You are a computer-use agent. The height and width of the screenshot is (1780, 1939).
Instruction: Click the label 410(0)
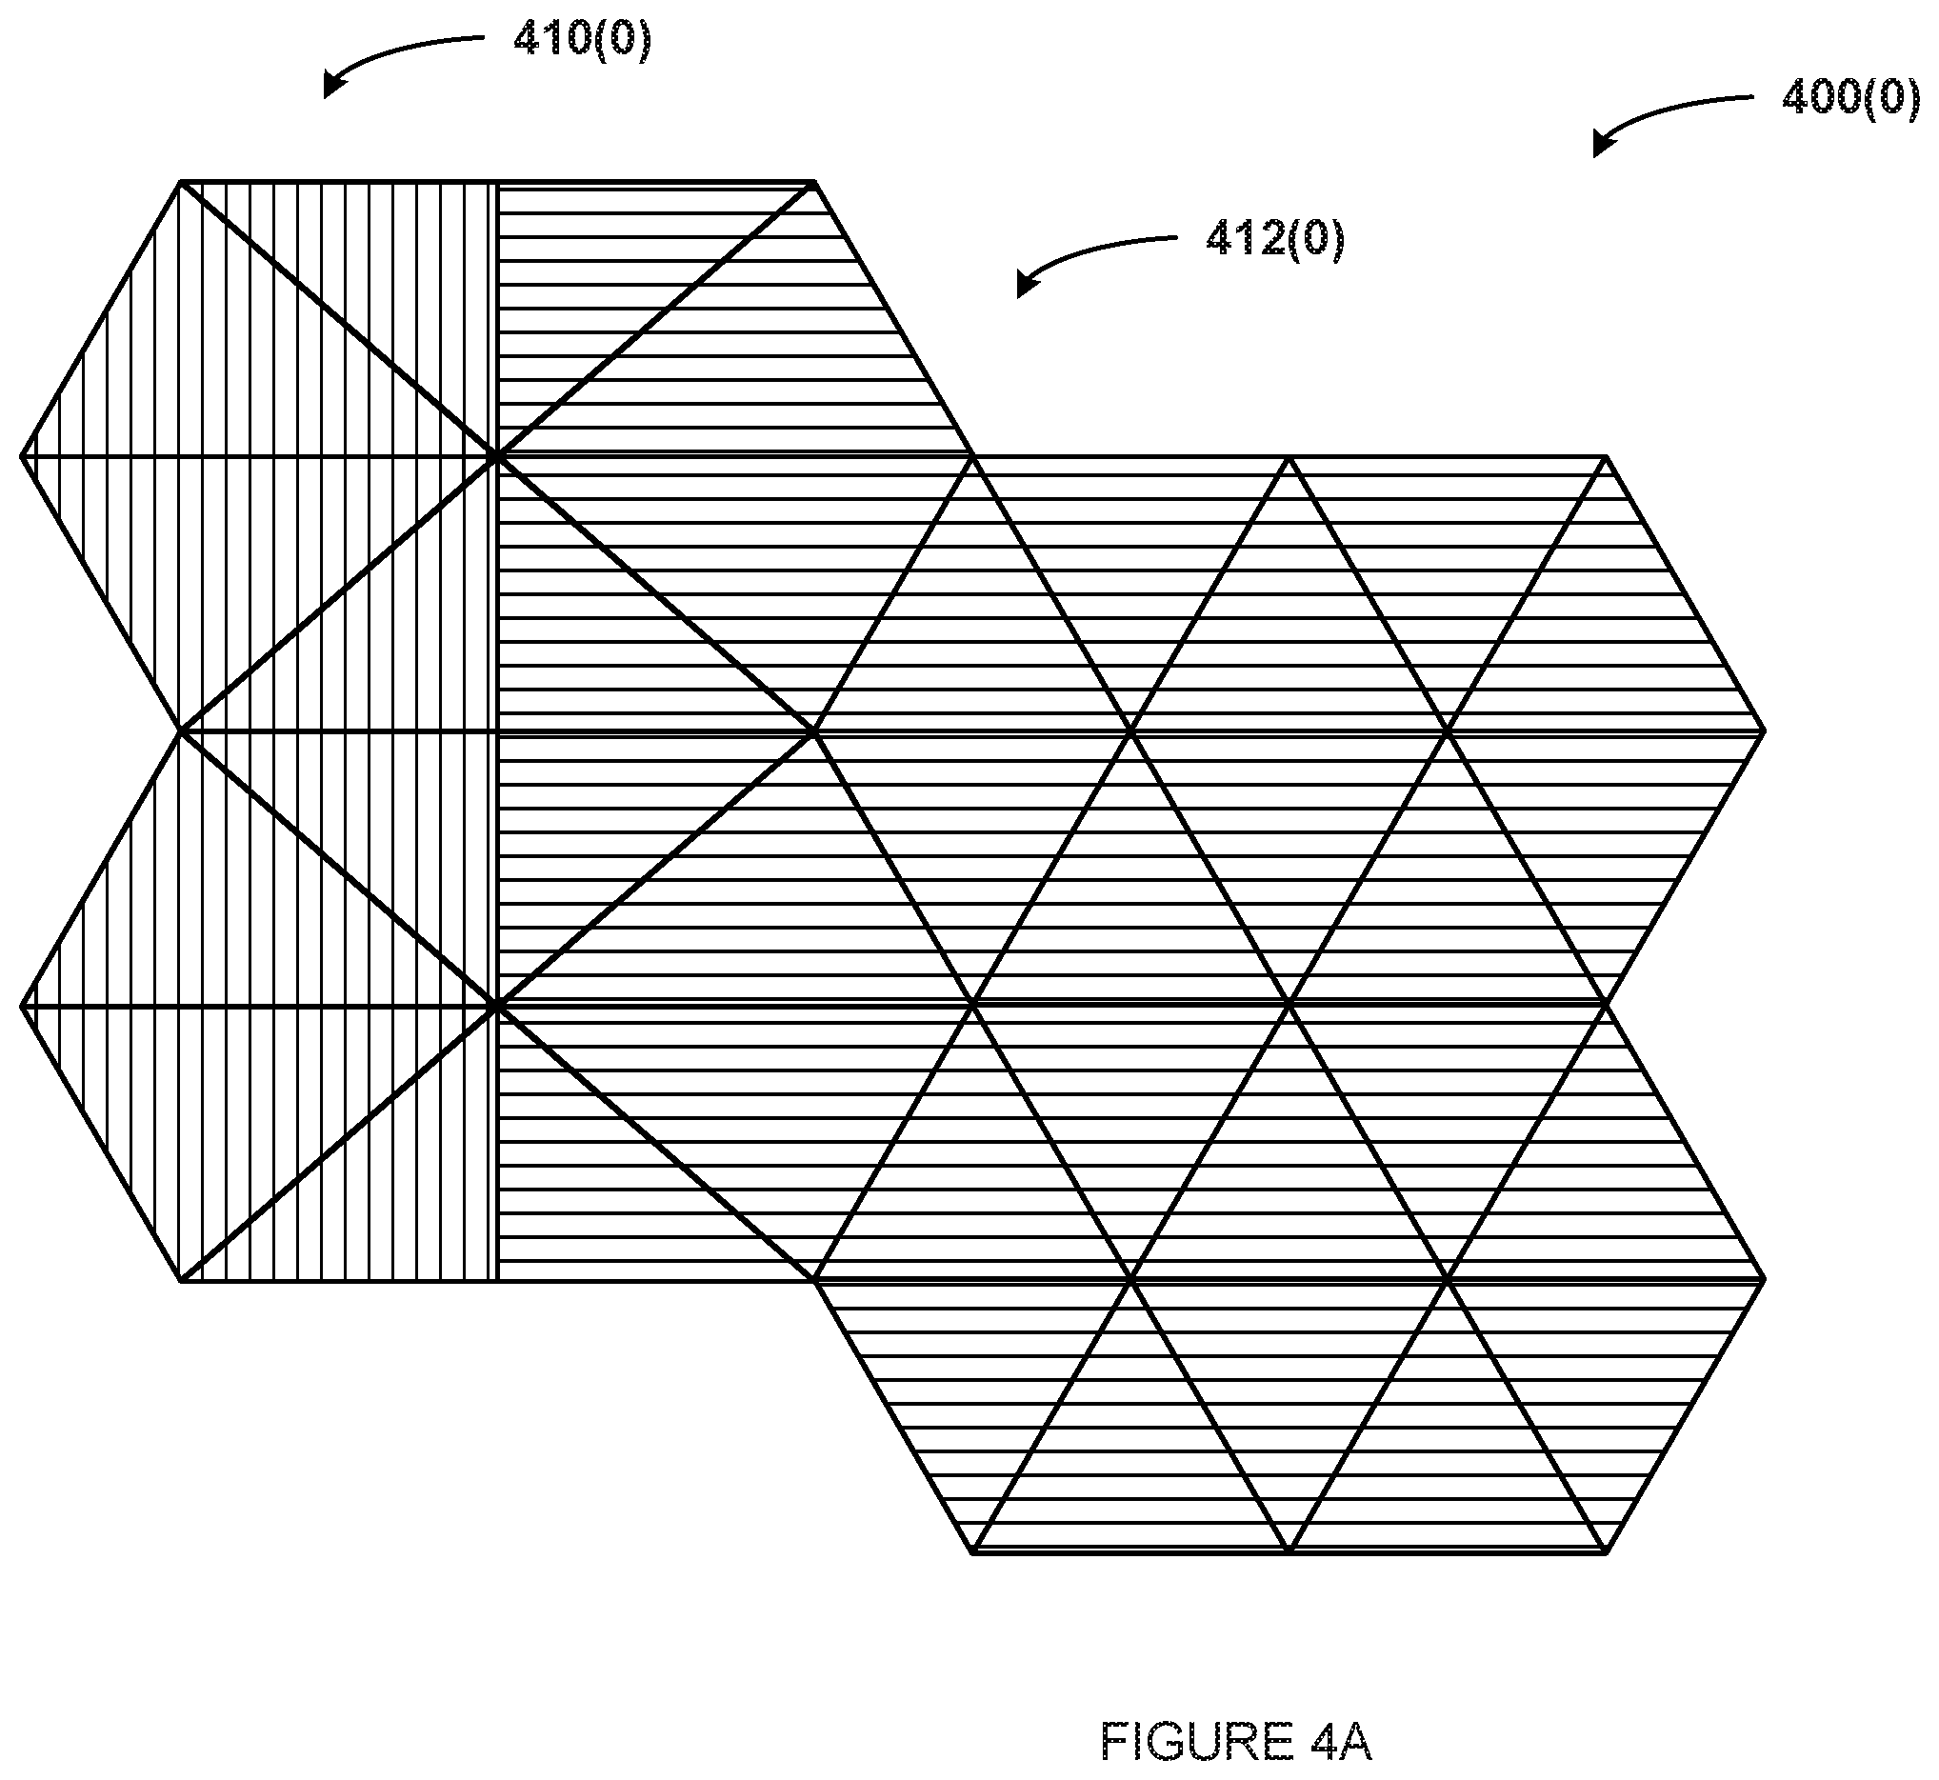583,39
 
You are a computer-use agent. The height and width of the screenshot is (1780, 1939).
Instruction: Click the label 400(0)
1850,98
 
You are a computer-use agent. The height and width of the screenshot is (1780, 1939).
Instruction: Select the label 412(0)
1274,238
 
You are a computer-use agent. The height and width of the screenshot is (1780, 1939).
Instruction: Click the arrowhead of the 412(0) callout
1027,286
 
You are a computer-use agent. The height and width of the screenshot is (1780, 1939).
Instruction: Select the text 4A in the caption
1342,1742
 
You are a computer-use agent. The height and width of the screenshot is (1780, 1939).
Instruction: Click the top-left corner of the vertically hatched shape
180,181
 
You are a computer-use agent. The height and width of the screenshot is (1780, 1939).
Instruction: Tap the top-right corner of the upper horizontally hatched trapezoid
815,181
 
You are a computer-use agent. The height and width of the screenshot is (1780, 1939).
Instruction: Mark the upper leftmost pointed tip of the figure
21,455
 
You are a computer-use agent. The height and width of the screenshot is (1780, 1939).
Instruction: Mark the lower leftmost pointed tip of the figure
21,1007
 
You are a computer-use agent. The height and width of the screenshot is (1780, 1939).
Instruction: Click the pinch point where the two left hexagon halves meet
180,731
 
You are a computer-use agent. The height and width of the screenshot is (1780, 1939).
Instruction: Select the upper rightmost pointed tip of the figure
1764,731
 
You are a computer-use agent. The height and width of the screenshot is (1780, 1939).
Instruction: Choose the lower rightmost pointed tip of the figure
1764,1280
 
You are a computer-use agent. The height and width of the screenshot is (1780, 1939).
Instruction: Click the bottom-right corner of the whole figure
1606,1552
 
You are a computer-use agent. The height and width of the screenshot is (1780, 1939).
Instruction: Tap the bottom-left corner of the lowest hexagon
973,1552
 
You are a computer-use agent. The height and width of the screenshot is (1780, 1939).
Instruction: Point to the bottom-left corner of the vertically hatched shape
180,1281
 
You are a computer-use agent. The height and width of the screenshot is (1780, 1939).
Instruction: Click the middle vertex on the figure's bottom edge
1289,1552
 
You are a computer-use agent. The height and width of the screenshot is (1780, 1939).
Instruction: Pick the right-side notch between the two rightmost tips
1606,1005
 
